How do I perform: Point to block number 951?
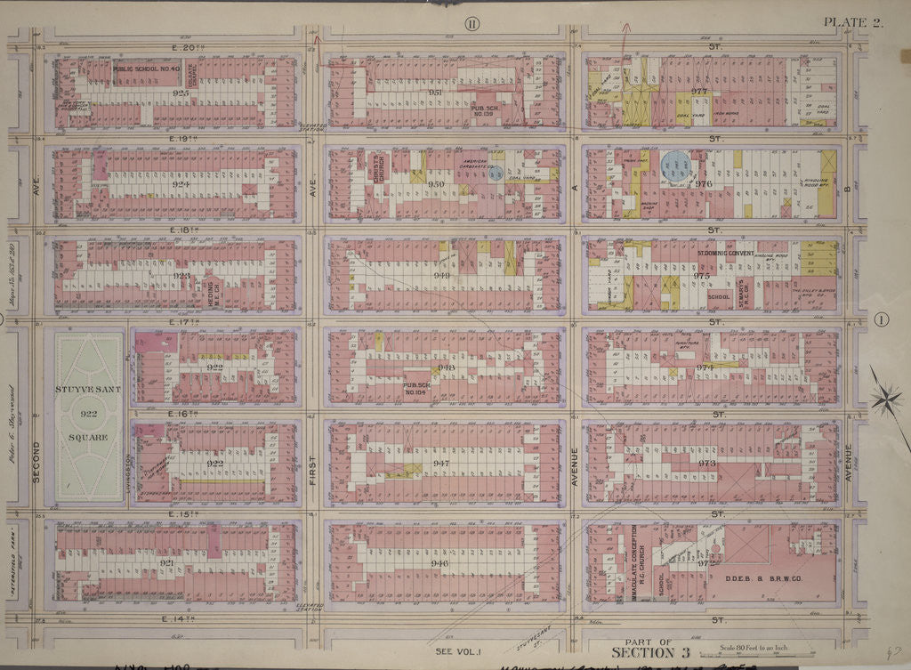(436, 93)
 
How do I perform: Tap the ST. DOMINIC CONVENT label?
(724, 254)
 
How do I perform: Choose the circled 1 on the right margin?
(882, 320)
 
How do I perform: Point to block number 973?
(706, 463)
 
